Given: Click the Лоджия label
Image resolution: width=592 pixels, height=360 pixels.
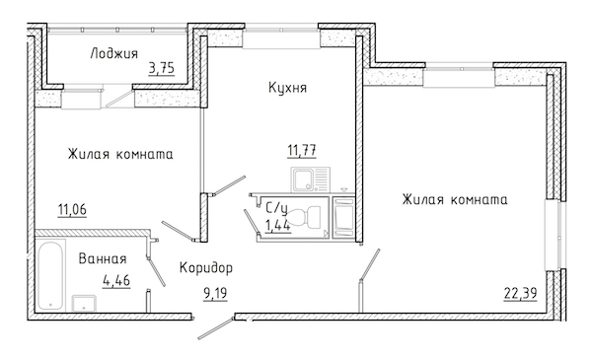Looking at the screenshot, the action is (x=114, y=54).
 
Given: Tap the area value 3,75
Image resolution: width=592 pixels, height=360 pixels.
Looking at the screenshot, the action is (x=162, y=68).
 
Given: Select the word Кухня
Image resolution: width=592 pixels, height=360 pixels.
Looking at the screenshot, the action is (x=287, y=88).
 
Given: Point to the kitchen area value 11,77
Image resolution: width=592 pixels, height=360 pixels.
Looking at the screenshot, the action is (x=302, y=150).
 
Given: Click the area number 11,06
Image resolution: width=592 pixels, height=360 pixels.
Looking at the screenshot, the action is (x=72, y=209).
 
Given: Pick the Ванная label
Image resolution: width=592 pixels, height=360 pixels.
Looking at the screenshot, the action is (x=103, y=258).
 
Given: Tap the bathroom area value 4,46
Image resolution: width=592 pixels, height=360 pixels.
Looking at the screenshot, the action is (x=116, y=280).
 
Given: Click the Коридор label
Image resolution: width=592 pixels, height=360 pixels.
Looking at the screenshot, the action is (x=206, y=268).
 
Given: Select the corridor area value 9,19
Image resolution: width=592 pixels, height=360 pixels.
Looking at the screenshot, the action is (x=215, y=293).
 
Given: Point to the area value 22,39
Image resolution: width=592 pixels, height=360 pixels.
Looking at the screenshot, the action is (x=520, y=293).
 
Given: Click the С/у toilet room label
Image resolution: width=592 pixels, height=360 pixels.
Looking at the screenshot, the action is (x=276, y=208).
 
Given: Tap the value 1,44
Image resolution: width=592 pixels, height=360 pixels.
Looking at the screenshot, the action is (x=278, y=225).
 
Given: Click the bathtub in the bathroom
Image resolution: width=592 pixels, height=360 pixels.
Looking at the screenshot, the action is (x=50, y=275).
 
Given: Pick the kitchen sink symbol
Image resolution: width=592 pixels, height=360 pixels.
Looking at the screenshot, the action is (x=311, y=180).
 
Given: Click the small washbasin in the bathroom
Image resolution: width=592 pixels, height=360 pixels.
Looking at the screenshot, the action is (x=84, y=304).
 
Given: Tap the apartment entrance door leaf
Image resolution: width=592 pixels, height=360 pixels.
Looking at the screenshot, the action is (x=215, y=328).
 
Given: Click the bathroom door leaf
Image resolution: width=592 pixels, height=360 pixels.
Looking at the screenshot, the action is (x=156, y=271).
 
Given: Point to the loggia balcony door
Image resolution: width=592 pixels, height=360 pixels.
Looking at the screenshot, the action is (x=118, y=98).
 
